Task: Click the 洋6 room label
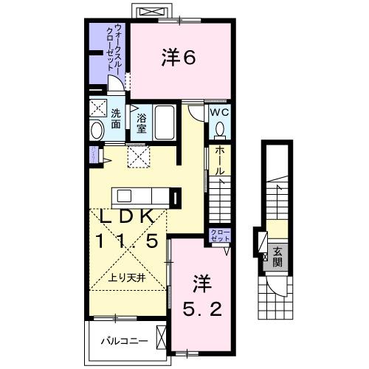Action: click(179, 58)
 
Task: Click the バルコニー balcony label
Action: click(127, 342)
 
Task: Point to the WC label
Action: click(220, 113)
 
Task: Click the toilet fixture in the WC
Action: click(220, 130)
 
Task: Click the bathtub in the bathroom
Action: click(165, 123)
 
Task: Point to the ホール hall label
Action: click(220, 159)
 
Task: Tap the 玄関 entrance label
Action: click(277, 255)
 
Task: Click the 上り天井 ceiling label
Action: click(127, 278)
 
